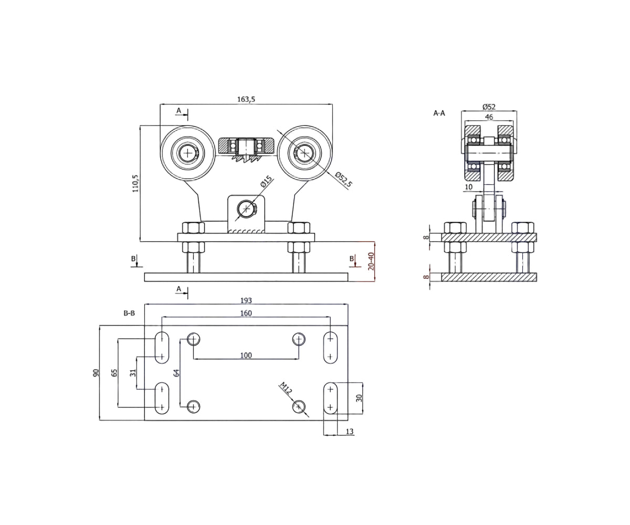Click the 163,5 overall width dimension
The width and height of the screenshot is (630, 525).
point(246,99)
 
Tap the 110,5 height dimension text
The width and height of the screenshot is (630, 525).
point(135,183)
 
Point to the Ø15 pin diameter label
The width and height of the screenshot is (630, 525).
point(266,182)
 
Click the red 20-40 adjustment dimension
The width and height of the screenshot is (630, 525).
point(371,261)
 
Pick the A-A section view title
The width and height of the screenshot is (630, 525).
point(439,113)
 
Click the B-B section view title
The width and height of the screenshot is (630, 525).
point(129,313)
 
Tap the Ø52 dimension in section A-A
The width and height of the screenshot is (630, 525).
point(489,107)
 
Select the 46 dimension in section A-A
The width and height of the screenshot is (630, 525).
point(489,117)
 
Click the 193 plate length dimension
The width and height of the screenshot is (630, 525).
point(246,300)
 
